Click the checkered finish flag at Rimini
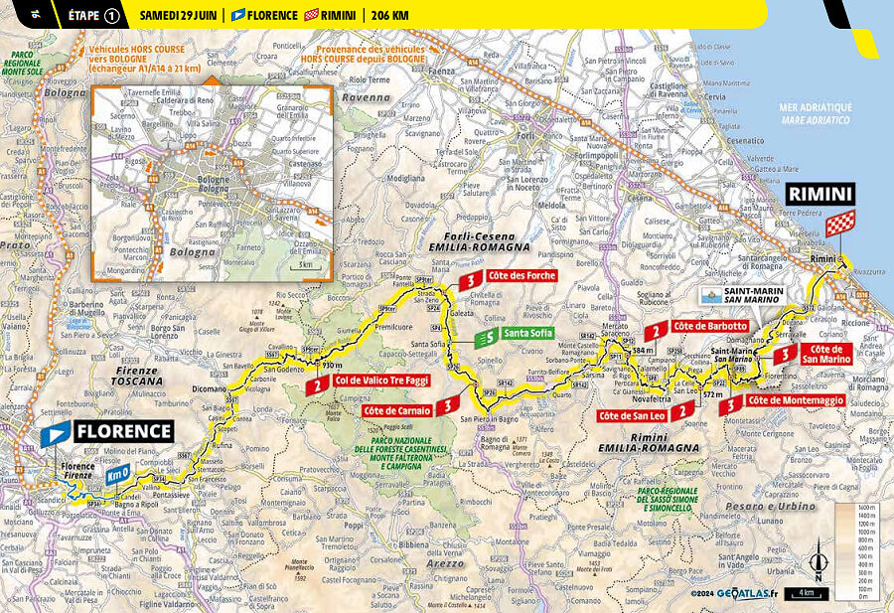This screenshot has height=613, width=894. [x=839, y=224]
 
